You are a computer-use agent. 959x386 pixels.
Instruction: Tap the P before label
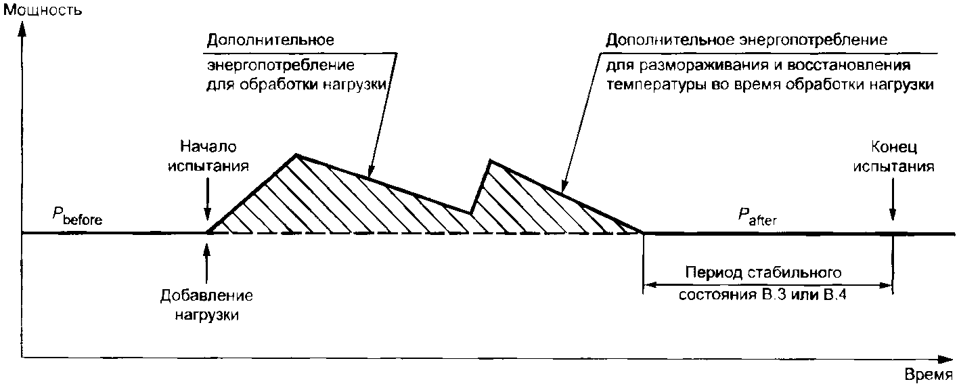[79, 217]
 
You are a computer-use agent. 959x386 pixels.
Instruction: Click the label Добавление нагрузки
[207, 305]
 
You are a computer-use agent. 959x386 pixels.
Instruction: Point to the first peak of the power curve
[296, 155]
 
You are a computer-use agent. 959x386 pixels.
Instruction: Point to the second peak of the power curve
[490, 160]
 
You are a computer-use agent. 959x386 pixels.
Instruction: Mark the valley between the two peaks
[471, 213]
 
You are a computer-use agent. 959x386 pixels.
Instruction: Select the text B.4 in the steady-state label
[835, 296]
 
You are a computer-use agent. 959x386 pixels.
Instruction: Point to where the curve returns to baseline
[643, 232]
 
